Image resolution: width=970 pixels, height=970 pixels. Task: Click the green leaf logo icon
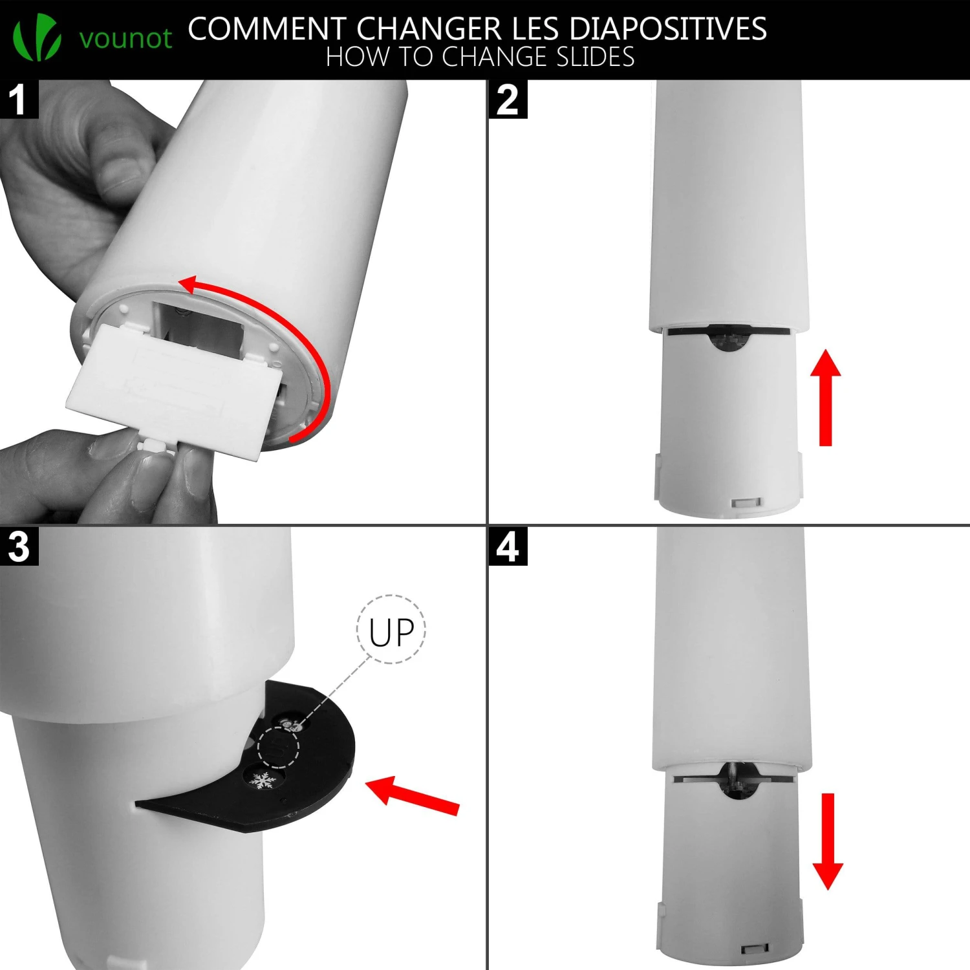[x=38, y=38]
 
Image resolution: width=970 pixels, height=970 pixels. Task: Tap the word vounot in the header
[x=125, y=38]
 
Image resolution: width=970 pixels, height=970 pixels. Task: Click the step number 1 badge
[x=19, y=99]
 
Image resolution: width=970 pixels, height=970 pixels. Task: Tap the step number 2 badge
[x=508, y=99]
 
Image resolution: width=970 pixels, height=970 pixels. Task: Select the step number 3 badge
[x=19, y=546]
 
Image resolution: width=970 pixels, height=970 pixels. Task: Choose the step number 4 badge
[x=508, y=546]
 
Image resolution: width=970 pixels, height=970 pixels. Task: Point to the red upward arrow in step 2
[x=825, y=397]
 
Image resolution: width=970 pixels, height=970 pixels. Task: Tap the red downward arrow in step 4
[x=828, y=841]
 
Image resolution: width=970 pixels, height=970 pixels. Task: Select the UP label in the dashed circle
[x=391, y=632]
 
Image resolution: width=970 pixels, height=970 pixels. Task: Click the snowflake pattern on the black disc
[x=263, y=781]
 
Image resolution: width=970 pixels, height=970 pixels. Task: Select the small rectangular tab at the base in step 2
[x=746, y=502]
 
